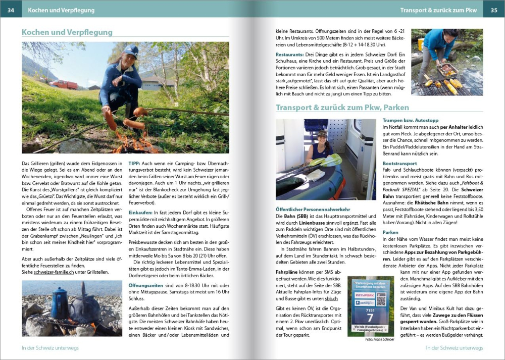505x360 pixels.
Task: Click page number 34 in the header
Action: pyautogui.click(x=11, y=10)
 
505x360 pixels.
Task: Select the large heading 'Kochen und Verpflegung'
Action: pyautogui.click(x=67, y=32)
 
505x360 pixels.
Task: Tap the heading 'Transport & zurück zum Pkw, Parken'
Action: pyautogui.click(x=342, y=108)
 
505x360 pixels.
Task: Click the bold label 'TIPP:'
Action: pyautogui.click(x=134, y=164)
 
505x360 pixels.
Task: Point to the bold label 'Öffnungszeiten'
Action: pyautogui.click(x=143, y=285)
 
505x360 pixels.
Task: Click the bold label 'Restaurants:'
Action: pyautogui.click(x=289, y=54)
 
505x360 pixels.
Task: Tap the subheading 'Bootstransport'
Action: pyautogui.click(x=399, y=164)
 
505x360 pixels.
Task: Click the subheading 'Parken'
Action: pyautogui.click(x=390, y=233)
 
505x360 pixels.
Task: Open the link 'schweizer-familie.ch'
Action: pyautogui.click(x=54, y=272)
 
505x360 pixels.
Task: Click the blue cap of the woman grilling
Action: pyautogui.click(x=130, y=50)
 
